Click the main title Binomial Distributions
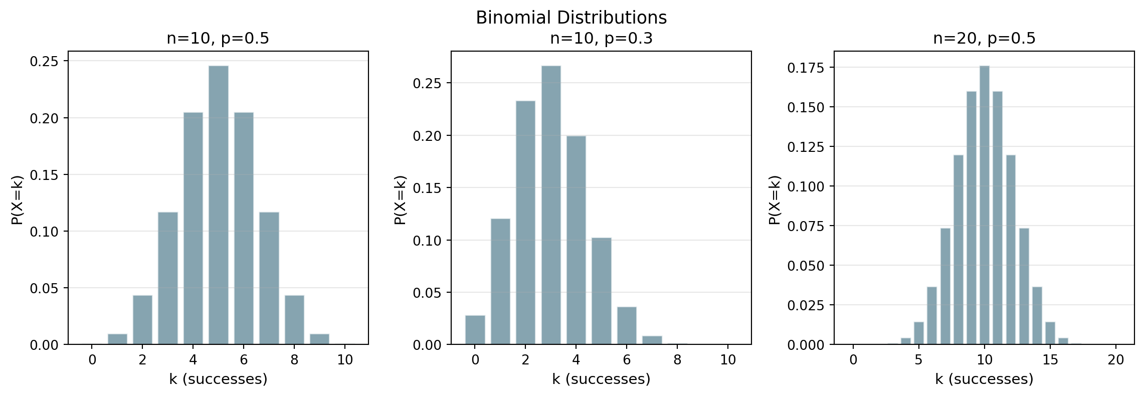point(571,18)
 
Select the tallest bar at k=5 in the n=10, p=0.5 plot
point(218,206)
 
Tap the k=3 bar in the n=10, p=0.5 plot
point(167,278)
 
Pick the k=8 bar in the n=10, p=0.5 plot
point(294,320)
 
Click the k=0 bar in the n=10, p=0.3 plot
point(475,330)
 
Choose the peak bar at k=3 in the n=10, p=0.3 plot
point(551,206)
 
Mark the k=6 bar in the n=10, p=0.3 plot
point(627,326)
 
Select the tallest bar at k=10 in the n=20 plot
point(985,206)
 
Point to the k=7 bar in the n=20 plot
point(945,286)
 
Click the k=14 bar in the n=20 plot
point(1037,316)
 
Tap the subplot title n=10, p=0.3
point(601,39)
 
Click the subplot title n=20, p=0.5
point(984,39)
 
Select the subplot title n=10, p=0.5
point(218,39)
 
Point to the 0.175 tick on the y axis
point(805,68)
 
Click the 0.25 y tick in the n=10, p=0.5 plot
point(44,62)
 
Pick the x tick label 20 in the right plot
point(1116,360)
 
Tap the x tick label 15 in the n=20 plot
point(1050,360)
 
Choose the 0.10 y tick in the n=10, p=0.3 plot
point(427,241)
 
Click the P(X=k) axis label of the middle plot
point(400,200)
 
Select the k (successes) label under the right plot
point(984,379)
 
